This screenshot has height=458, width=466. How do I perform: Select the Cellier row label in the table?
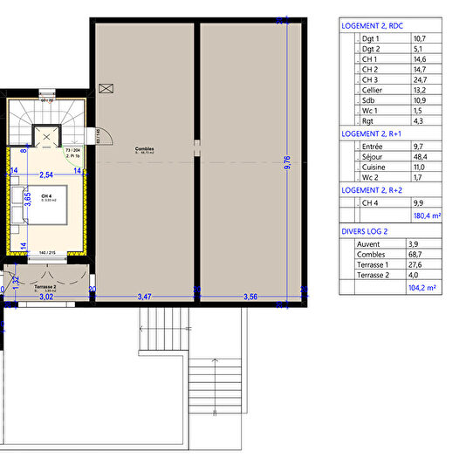tap(373, 89)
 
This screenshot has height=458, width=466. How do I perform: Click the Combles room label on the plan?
tap(144, 149)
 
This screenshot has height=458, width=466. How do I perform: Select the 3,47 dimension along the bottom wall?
tap(145, 297)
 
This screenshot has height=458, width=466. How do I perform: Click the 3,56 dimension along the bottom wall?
tap(251, 297)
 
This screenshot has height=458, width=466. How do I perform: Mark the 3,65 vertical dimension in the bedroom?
tap(27, 199)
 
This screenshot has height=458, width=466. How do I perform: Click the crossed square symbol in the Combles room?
tap(106, 88)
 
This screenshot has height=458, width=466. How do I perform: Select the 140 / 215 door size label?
tap(45, 252)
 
